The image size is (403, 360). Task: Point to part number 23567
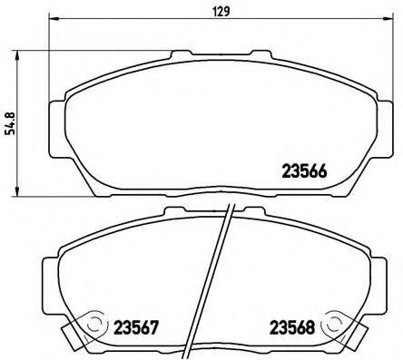pyautogui.click(x=137, y=326)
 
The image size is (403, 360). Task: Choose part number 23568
pyautogui.click(x=290, y=326)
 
